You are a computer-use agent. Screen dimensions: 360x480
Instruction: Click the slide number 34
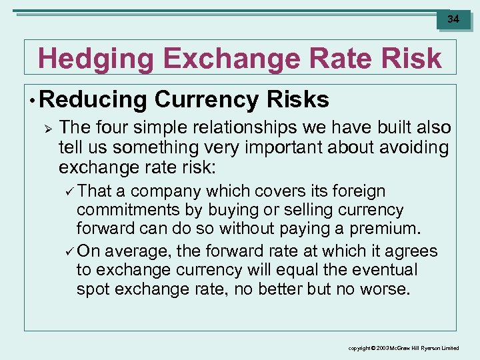pos(453,19)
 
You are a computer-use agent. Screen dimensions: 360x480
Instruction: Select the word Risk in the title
pos(411,59)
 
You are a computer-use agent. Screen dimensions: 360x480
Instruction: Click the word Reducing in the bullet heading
pos(93,100)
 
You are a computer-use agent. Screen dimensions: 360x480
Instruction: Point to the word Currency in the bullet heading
pos(208,100)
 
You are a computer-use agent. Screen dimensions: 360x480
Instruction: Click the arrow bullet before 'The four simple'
pos(46,127)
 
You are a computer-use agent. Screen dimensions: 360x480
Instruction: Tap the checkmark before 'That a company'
pos(69,191)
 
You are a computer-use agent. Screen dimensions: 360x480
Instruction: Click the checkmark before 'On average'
pos(69,251)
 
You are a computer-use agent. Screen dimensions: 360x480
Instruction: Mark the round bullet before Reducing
pos(32,101)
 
